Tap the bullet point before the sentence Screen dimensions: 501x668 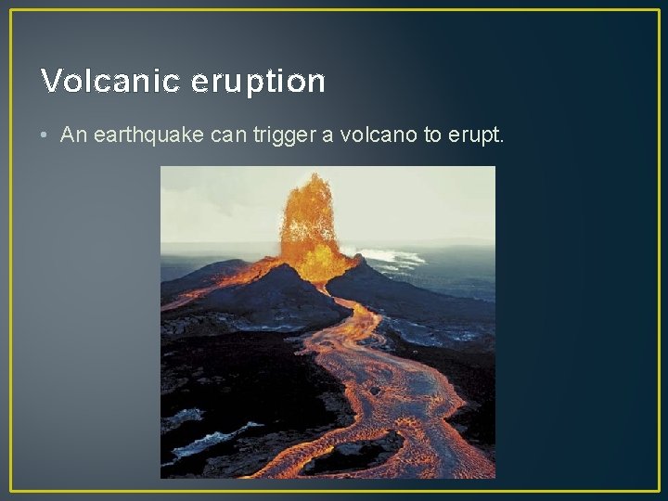coord(45,135)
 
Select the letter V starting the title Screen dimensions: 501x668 coord(50,82)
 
